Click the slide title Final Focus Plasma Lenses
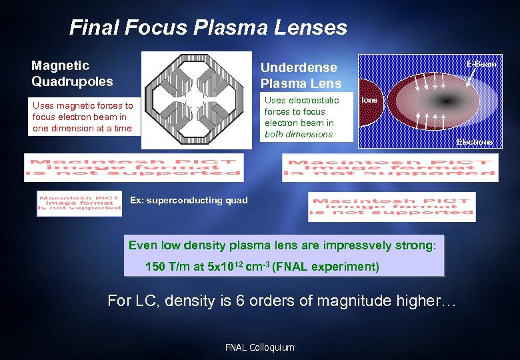coord(208,27)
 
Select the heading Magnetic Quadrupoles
coord(72,73)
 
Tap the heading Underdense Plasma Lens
coord(300,75)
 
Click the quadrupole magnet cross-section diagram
coord(197,100)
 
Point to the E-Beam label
coord(481,64)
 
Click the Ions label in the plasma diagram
coord(369,100)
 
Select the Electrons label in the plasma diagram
coord(475,142)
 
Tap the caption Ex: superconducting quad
coord(189,200)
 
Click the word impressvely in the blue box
coord(357,245)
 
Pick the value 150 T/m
coord(165,267)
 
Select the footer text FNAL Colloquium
coord(259,347)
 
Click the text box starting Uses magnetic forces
coord(84,117)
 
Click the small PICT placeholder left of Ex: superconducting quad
coord(79,203)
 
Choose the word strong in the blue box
coord(417,245)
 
